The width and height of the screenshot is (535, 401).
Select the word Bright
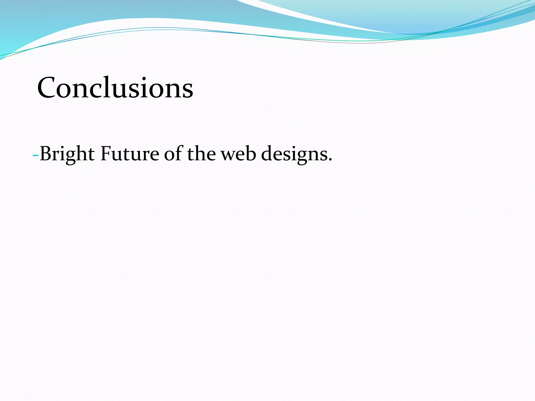pyautogui.click(x=67, y=154)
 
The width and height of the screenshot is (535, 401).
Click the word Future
pyautogui.click(x=130, y=154)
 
